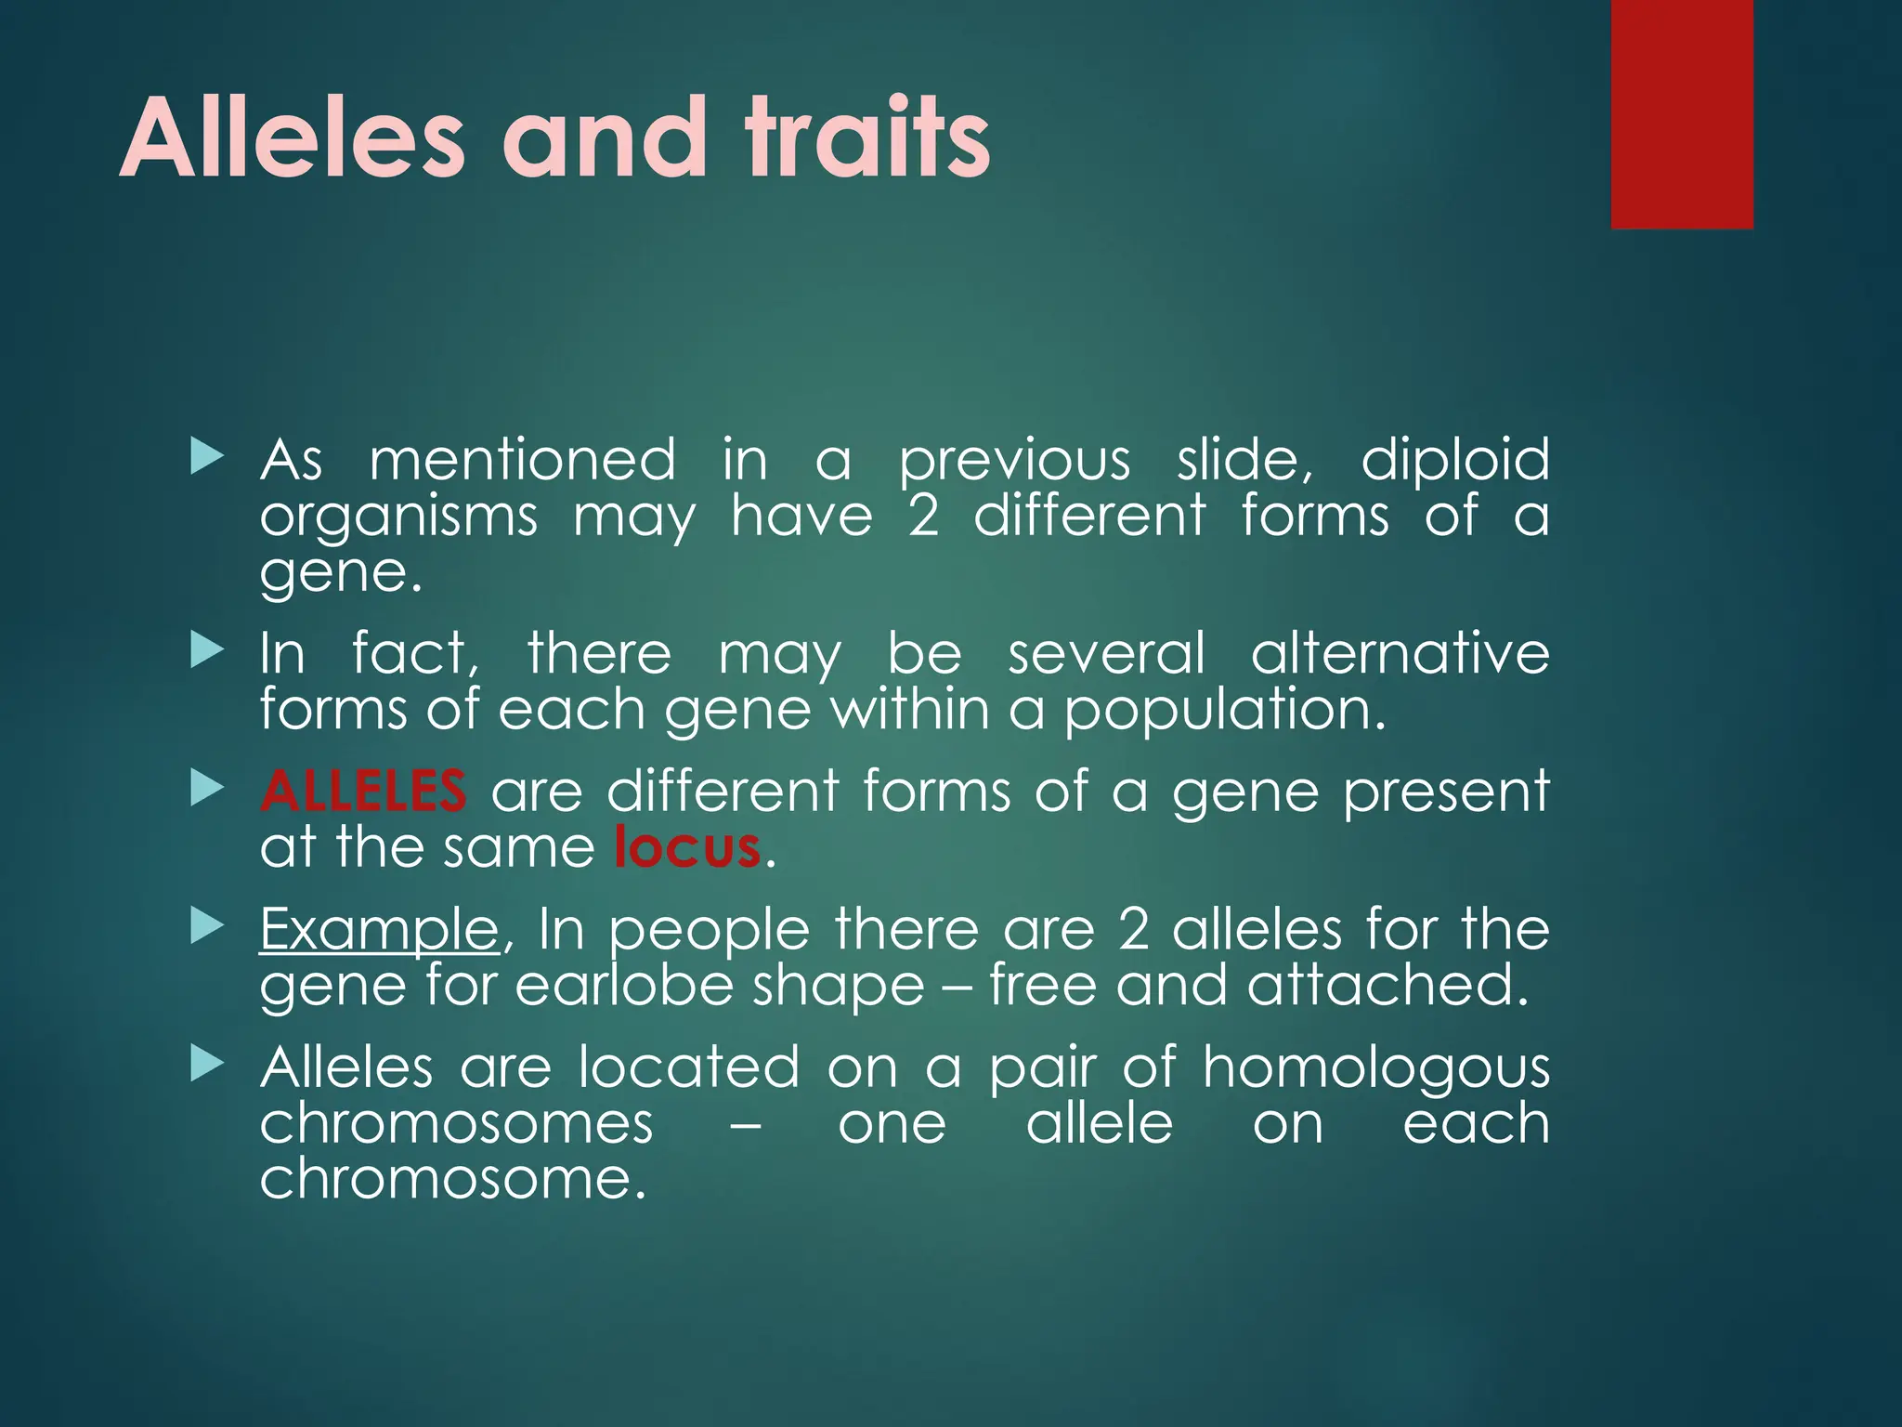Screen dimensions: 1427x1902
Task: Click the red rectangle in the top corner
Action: [1682, 113]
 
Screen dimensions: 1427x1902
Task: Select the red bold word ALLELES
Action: [363, 792]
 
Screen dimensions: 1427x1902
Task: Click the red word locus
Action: [687, 847]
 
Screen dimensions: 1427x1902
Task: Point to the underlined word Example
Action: [379, 929]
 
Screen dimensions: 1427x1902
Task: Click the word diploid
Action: [1454, 460]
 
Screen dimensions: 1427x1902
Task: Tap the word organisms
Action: [398, 517]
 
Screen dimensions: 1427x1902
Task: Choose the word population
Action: [1224, 711]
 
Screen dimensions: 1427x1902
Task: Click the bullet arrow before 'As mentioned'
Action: [207, 457]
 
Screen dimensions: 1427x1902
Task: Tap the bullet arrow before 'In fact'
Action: [207, 650]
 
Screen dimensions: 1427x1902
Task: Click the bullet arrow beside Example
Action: [207, 925]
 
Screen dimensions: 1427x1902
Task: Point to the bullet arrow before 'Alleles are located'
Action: [207, 1065]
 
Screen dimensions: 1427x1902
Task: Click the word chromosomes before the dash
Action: [456, 1123]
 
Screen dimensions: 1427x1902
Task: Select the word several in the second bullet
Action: [1106, 653]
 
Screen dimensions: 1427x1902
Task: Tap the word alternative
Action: [1400, 653]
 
